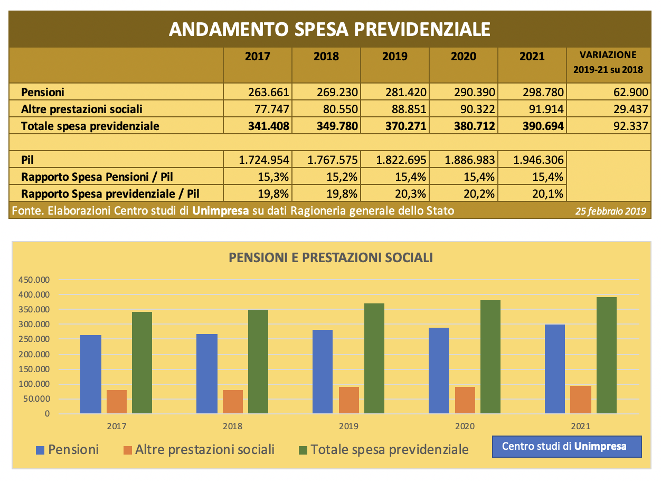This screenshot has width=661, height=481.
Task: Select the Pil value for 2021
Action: (539, 160)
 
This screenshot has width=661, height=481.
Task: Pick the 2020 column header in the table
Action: (464, 56)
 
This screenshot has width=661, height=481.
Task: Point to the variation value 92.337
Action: (630, 126)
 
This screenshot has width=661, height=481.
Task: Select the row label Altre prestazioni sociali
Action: (81, 109)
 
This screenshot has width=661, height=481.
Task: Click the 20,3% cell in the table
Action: (410, 194)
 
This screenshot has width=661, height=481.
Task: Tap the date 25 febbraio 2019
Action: (610, 211)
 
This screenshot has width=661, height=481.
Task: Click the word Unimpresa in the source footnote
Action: (221, 211)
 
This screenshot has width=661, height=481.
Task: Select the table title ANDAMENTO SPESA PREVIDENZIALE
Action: (329, 29)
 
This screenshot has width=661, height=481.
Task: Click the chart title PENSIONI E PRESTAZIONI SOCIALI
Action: (331, 257)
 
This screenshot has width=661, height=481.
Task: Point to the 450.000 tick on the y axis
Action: (34, 280)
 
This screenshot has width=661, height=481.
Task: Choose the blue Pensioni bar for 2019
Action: (322, 372)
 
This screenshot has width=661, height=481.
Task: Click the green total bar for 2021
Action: (607, 355)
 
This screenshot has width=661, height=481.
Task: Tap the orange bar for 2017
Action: (117, 402)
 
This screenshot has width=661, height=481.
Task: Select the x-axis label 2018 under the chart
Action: (232, 426)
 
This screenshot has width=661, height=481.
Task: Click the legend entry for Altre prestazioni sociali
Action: (199, 449)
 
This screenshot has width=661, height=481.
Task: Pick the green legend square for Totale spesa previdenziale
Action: (303, 450)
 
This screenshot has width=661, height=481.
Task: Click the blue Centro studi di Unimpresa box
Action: (567, 447)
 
